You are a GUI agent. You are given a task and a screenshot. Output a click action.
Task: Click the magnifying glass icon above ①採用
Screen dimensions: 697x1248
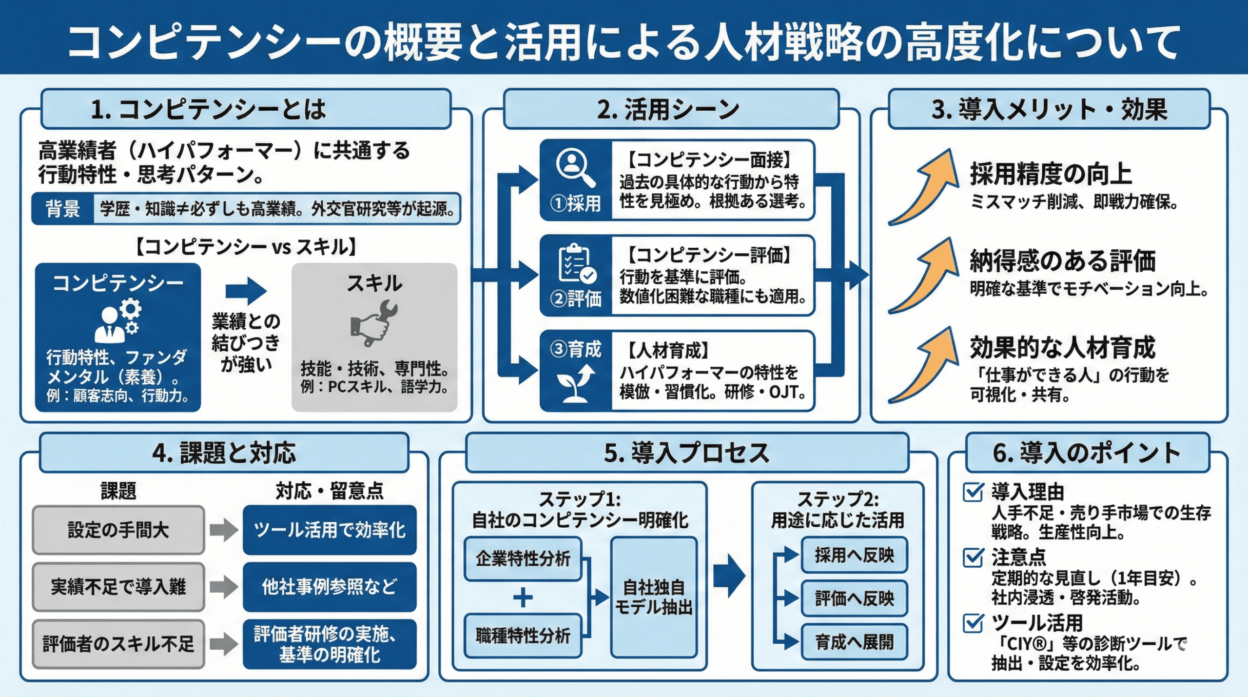(x=575, y=168)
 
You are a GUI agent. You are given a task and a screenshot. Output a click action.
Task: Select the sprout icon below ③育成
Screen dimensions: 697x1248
(x=575, y=383)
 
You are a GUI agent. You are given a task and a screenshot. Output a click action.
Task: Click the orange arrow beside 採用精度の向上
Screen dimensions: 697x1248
(x=923, y=188)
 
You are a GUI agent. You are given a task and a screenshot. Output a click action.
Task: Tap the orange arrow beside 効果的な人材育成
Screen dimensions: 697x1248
(x=923, y=366)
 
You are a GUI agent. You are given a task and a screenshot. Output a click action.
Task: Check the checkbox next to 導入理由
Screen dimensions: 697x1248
(x=973, y=492)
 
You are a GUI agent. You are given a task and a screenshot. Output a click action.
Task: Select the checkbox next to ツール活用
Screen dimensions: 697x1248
(x=973, y=623)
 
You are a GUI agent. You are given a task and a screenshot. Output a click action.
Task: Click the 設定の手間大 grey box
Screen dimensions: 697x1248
(x=118, y=530)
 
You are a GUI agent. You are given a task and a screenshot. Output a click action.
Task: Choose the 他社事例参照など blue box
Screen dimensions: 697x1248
(x=330, y=587)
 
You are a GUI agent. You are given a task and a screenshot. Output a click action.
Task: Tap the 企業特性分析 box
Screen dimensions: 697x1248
(x=523, y=558)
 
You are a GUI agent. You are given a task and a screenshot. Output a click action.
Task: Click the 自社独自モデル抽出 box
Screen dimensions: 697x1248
(x=654, y=597)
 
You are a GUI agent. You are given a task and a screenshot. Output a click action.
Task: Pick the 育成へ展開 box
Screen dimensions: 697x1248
(x=854, y=642)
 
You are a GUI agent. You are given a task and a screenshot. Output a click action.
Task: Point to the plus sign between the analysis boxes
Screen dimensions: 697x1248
(x=523, y=597)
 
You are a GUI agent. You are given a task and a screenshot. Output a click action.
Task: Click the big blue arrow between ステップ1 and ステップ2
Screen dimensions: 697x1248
(x=729, y=576)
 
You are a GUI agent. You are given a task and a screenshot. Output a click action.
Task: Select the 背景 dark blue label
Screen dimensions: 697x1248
(x=62, y=209)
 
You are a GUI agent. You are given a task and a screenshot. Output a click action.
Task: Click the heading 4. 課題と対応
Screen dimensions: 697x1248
(x=224, y=453)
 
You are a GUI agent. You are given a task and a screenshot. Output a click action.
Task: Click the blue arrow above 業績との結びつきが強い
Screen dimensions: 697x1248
(x=246, y=291)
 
